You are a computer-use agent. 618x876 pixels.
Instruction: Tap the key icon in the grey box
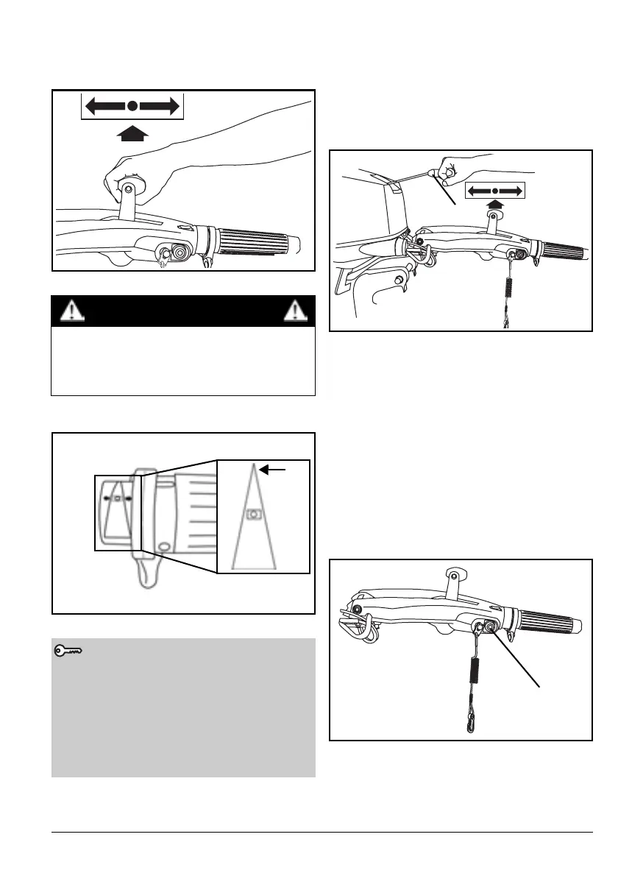pos(68,651)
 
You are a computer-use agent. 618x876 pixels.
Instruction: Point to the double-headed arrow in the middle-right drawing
pos(495,191)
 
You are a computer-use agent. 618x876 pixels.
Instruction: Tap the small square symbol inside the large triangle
pos(252,515)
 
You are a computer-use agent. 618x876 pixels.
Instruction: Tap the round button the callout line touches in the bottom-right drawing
pos(491,627)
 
